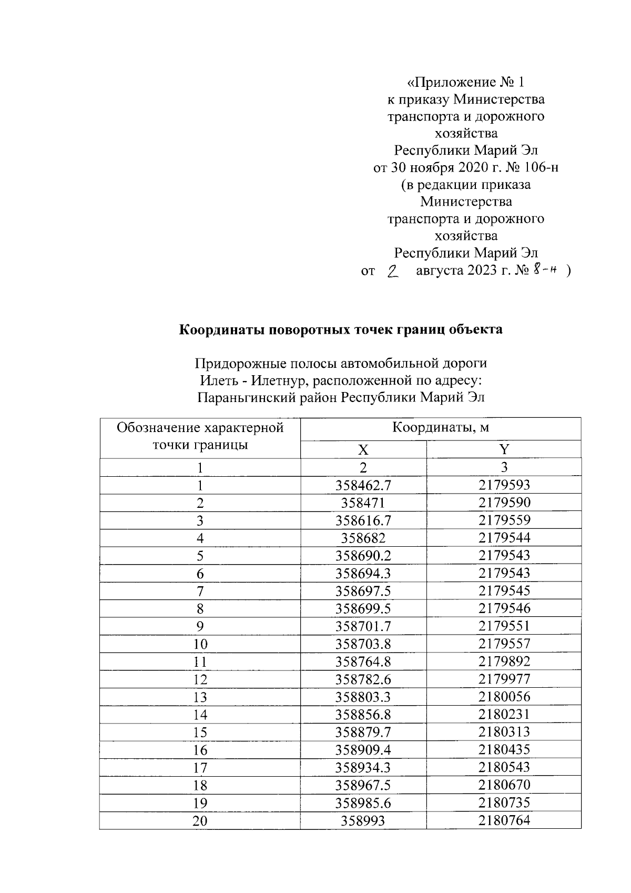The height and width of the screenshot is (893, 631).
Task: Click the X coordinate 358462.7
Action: click(x=363, y=485)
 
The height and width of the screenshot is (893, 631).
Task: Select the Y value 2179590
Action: click(x=504, y=503)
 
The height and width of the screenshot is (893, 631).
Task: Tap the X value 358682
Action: click(x=363, y=538)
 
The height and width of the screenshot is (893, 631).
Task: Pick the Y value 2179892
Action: click(x=504, y=661)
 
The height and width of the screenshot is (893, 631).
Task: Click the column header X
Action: click(x=363, y=450)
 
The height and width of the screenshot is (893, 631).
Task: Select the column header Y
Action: click(x=504, y=450)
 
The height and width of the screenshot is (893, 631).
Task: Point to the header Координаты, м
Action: click(x=441, y=427)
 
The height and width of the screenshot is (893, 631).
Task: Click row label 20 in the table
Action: click(x=200, y=821)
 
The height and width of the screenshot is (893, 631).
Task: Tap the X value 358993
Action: click(x=363, y=821)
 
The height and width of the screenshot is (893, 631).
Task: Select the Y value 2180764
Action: click(x=504, y=820)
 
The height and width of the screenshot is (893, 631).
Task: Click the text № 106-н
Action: click(x=527, y=168)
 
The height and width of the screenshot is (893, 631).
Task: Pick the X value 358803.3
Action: click(x=363, y=697)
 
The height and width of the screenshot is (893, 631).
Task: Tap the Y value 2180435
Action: click(x=504, y=749)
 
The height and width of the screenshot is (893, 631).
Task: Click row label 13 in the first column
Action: click(x=200, y=697)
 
